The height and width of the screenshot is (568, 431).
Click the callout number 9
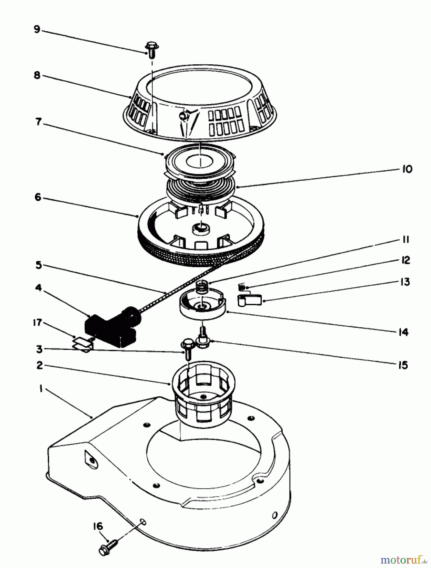coord(37,30)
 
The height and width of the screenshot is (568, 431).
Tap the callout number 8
coord(37,75)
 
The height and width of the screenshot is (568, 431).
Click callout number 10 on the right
coord(407,169)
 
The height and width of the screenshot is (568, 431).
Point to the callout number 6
coord(38,197)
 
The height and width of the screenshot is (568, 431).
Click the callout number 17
coord(37,322)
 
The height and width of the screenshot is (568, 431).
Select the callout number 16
coord(98,526)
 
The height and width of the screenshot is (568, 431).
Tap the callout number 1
coord(40,389)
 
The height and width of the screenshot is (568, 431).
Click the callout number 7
coord(39,121)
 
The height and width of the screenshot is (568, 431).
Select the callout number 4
coord(38,288)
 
